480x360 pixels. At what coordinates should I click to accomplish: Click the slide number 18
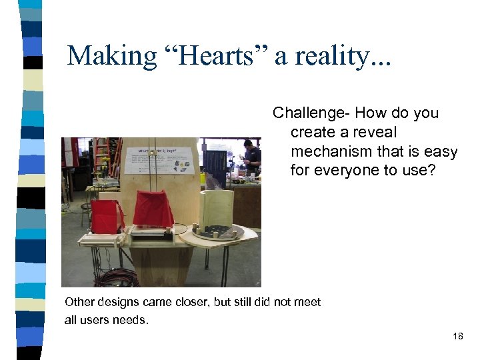(457, 336)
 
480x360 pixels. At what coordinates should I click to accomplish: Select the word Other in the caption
(79, 302)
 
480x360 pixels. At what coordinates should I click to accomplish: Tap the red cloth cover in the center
(153, 209)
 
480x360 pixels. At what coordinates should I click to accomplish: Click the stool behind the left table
(86, 210)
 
